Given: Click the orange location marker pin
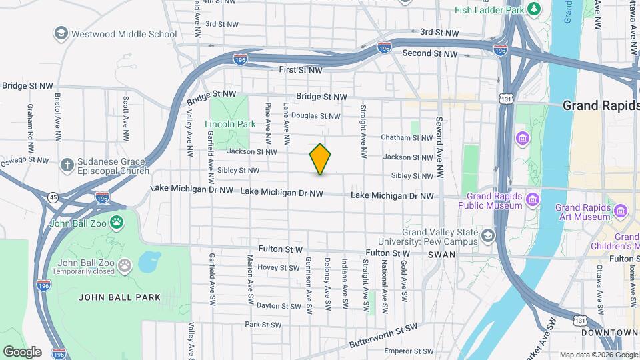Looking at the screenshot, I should click(320, 159).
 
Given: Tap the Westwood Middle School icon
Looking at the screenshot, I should click(61, 33).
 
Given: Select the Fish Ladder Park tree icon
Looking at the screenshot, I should click(533, 9).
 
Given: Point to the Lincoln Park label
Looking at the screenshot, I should click(231, 124).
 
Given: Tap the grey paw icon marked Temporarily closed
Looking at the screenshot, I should click(125, 266).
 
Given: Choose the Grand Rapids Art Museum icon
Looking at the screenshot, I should click(621, 211).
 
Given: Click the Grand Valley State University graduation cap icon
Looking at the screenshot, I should click(488, 236).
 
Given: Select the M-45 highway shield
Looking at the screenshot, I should click(53, 197).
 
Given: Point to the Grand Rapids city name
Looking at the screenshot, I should click(601, 105).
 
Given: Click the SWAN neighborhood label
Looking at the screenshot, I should click(441, 255).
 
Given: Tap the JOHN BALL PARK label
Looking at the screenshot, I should click(120, 297).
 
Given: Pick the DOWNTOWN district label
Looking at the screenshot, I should click(609, 332).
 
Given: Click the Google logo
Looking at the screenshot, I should click(22, 351).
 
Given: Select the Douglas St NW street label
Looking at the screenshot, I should click(316, 116).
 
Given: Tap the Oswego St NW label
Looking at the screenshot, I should click(25, 160).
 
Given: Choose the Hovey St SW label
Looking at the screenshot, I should click(279, 268).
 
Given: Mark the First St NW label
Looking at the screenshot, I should click(301, 69).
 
